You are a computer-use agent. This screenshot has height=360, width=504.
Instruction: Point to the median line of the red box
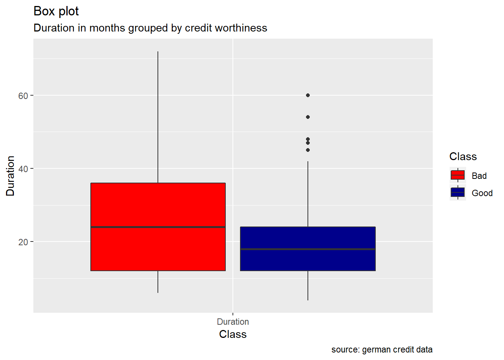pyautogui.click(x=158, y=227)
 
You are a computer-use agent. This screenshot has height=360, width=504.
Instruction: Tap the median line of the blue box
pyautogui.click(x=307, y=249)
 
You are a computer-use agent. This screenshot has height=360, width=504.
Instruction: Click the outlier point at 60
pyautogui.click(x=308, y=95)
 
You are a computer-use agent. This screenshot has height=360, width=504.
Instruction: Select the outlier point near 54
pyautogui.click(x=308, y=117)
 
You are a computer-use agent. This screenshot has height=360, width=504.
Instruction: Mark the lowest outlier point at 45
pyautogui.click(x=308, y=150)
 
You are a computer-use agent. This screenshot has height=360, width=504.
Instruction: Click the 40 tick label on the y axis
pyautogui.click(x=23, y=169)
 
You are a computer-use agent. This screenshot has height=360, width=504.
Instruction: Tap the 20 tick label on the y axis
pyautogui.click(x=23, y=242)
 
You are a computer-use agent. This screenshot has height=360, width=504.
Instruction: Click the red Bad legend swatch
pyautogui.click(x=457, y=175)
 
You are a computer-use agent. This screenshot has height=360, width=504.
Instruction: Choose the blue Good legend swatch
pyautogui.click(x=457, y=192)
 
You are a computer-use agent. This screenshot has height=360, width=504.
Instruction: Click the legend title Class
pyautogui.click(x=463, y=156)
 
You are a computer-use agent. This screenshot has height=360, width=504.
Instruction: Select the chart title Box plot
pyautogui.click(x=56, y=11)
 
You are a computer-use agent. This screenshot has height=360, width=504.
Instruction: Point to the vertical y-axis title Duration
pyautogui.click(x=10, y=175)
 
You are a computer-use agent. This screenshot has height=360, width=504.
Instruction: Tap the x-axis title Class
pyautogui.click(x=232, y=334)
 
